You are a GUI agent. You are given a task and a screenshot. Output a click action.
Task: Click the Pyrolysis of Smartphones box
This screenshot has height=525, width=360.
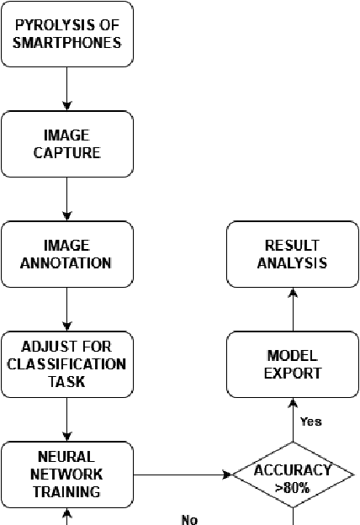(67, 34)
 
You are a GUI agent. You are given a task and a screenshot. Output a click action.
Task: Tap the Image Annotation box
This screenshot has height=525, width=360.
(67, 253)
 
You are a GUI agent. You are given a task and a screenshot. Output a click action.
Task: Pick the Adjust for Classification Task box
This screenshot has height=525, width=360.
(67, 364)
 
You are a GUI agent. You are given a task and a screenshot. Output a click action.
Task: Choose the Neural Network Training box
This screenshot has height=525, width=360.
(67, 475)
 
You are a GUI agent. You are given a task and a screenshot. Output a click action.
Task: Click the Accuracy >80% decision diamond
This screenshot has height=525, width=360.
(294, 475)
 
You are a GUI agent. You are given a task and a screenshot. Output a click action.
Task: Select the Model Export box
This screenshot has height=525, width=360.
(294, 364)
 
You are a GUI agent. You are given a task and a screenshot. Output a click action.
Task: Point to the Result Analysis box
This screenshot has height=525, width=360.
(294, 253)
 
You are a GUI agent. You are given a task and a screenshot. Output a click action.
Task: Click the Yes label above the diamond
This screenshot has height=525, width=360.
(311, 422)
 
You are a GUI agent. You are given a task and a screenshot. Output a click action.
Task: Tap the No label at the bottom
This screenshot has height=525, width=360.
(189, 519)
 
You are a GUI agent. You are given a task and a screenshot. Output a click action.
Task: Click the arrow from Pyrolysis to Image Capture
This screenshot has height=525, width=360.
(67, 88)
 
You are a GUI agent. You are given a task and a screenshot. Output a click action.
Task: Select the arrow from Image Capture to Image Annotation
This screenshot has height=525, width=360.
(67, 199)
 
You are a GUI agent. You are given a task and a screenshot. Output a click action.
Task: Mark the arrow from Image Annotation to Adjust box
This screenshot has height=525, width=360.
(67, 309)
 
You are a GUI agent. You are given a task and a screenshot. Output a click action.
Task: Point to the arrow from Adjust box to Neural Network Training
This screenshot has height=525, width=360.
(67, 420)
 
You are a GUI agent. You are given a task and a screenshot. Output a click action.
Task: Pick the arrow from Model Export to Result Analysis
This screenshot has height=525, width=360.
(294, 309)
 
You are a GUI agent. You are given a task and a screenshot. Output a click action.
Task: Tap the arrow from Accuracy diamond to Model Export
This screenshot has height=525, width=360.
(294, 420)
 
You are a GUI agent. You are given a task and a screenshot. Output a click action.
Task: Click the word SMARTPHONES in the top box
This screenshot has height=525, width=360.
(67, 42)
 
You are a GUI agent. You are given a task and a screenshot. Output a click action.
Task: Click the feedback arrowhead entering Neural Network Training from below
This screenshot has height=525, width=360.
(67, 512)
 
